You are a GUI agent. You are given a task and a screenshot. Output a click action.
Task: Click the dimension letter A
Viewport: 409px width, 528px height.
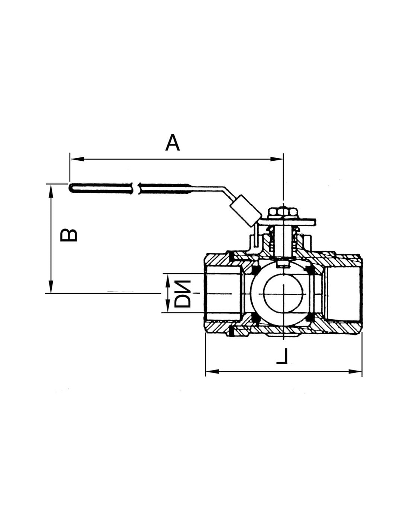172,142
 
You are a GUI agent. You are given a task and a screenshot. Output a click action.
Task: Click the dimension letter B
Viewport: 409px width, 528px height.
69,235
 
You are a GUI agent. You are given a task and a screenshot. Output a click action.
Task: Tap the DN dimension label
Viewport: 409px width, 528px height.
183,294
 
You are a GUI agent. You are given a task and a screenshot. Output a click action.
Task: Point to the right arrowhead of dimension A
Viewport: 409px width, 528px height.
277,159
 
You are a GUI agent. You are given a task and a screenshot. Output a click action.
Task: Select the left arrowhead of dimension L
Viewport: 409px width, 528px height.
212,378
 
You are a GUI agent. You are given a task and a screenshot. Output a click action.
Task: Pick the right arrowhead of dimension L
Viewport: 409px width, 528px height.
355,378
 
